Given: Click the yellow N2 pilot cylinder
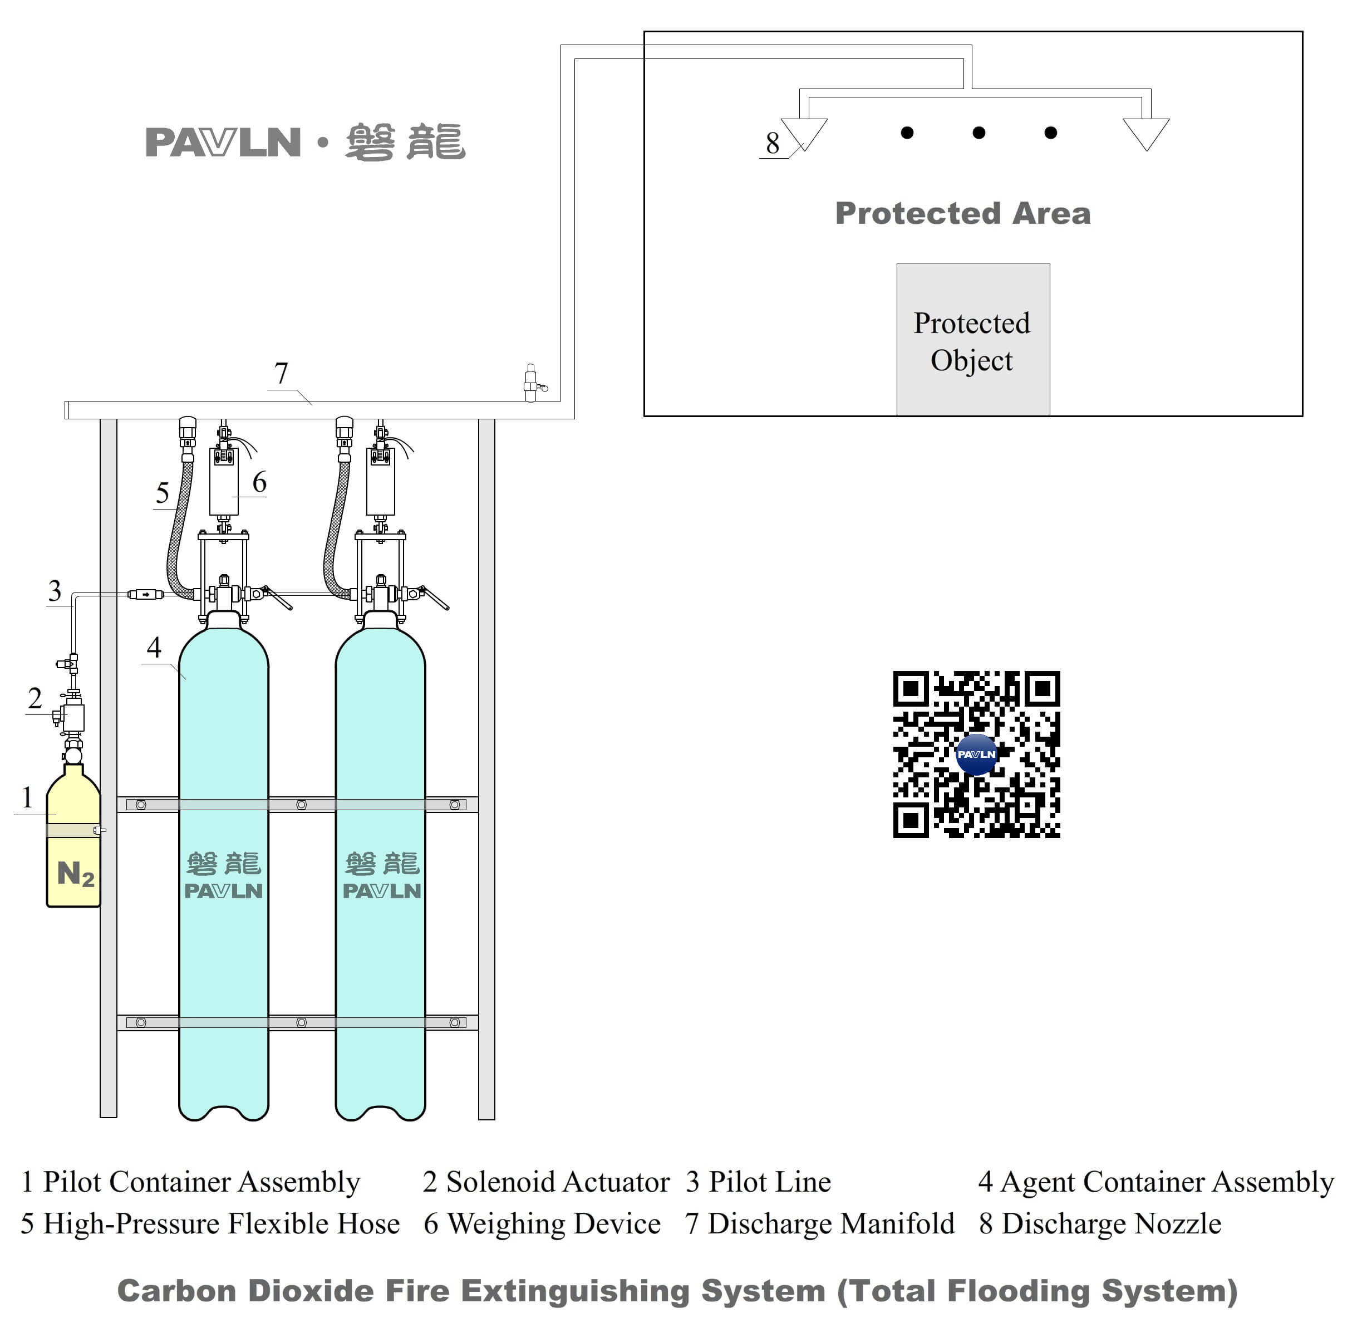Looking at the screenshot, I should pos(73,846).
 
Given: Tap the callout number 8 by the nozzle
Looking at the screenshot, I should pos(772,143).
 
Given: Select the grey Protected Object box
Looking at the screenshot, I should pos(972,339).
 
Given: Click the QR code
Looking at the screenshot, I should pos(976,753).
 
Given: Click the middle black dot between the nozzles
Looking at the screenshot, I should pos(978,133).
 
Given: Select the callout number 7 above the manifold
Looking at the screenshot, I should pos(281,373).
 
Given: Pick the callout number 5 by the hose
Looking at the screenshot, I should pos(162,493).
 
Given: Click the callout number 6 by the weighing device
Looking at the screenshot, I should pos(259,482).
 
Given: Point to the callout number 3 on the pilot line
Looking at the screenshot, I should pos(54,590).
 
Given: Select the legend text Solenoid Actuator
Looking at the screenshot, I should pos(557,1182).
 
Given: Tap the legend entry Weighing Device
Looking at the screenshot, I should pos(554,1223).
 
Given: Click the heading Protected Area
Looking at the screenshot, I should pos(962,213).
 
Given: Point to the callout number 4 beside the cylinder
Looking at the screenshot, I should pos(154,646).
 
